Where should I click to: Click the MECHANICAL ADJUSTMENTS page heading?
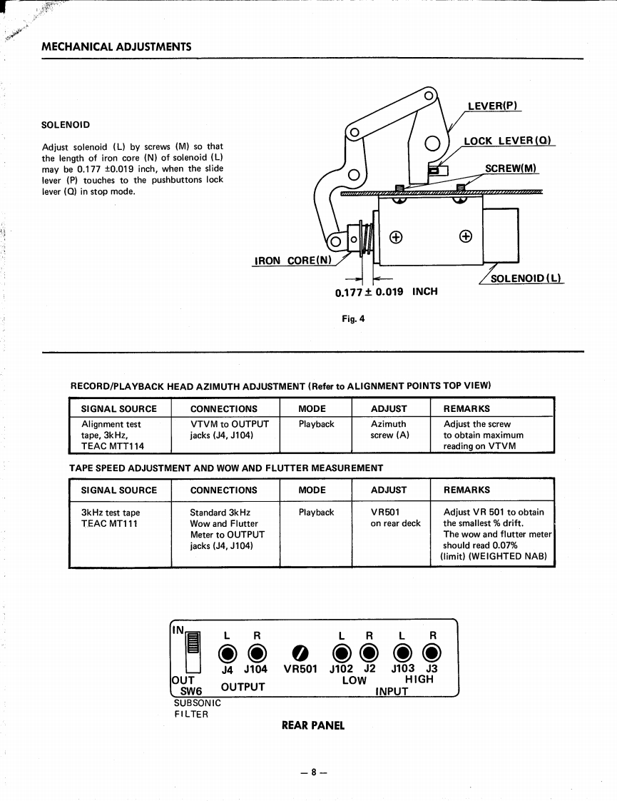[116, 47]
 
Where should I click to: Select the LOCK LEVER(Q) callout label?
[507, 141]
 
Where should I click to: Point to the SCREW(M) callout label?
[511, 168]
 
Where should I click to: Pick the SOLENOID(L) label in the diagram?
[526, 278]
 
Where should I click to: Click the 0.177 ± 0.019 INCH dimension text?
[386, 292]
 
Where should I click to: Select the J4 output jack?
[228, 653]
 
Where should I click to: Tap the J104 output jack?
[256, 653]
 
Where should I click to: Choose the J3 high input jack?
[432, 653]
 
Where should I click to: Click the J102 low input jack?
[342, 653]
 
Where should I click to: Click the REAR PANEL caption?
[313, 725]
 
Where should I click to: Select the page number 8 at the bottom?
[312, 772]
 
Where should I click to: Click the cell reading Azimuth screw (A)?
[389, 429]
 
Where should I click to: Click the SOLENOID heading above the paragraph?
[66, 125]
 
